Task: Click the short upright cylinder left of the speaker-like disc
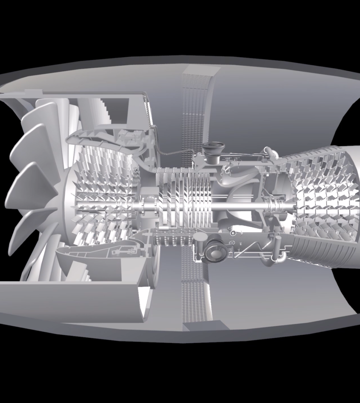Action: [x=199, y=242]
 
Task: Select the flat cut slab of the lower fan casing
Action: [x=70, y=299]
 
